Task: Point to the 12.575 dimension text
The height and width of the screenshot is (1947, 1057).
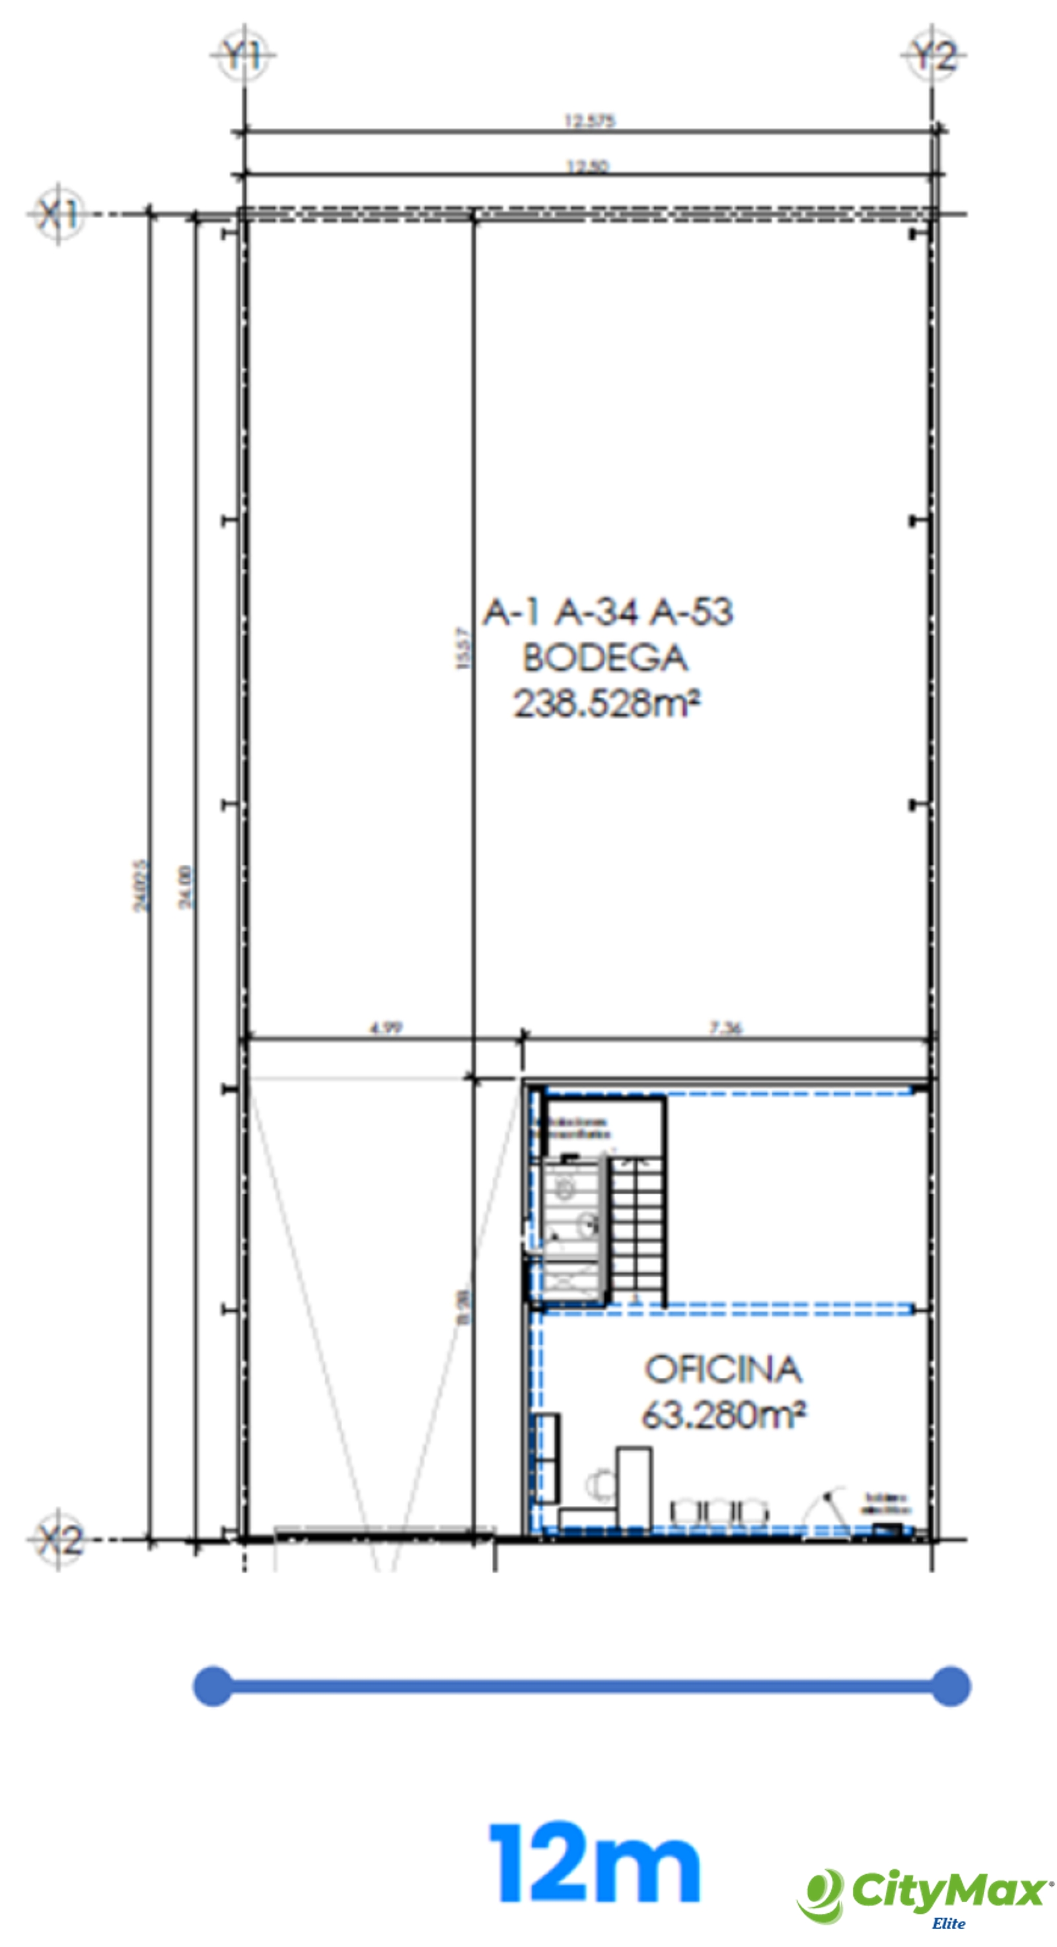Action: [x=590, y=120]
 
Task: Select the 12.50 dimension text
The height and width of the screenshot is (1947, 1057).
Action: [x=588, y=166]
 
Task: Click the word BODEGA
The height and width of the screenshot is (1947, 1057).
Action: [x=605, y=658]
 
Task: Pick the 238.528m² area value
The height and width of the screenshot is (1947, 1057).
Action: [x=606, y=704]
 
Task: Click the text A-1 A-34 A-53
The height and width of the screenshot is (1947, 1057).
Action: [x=608, y=611]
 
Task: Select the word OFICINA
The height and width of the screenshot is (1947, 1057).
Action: [x=723, y=1369]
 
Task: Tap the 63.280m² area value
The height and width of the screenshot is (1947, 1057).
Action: [x=723, y=1414]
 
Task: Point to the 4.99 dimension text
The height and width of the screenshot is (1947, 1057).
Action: [x=386, y=1027]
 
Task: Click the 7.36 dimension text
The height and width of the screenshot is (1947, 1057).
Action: [x=726, y=1027]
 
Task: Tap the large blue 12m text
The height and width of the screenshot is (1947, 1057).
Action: [x=595, y=1862]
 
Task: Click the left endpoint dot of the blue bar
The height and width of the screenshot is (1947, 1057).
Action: [x=213, y=1686]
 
